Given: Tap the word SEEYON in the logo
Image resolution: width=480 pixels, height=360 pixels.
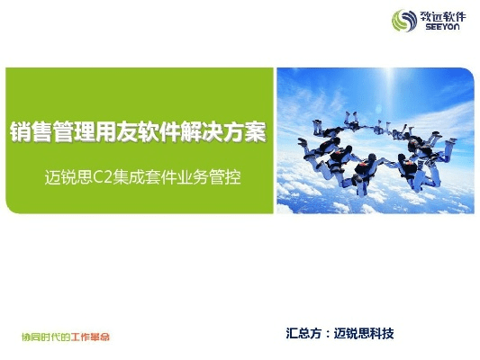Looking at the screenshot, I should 440,28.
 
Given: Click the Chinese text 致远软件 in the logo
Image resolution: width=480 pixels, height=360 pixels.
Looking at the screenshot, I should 441,16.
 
